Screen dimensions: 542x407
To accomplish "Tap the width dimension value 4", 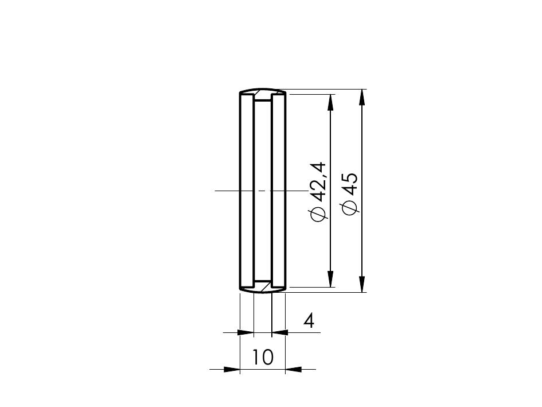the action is [309, 321].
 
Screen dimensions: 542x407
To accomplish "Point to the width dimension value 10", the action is [263, 357].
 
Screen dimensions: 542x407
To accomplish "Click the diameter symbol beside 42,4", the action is [318, 214].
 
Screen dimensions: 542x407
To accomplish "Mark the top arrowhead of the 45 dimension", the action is [361, 97].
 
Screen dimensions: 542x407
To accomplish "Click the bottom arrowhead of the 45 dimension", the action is [361, 284].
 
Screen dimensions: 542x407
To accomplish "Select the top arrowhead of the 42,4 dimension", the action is [331, 102].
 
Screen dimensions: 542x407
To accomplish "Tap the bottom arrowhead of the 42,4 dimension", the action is [331, 279].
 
